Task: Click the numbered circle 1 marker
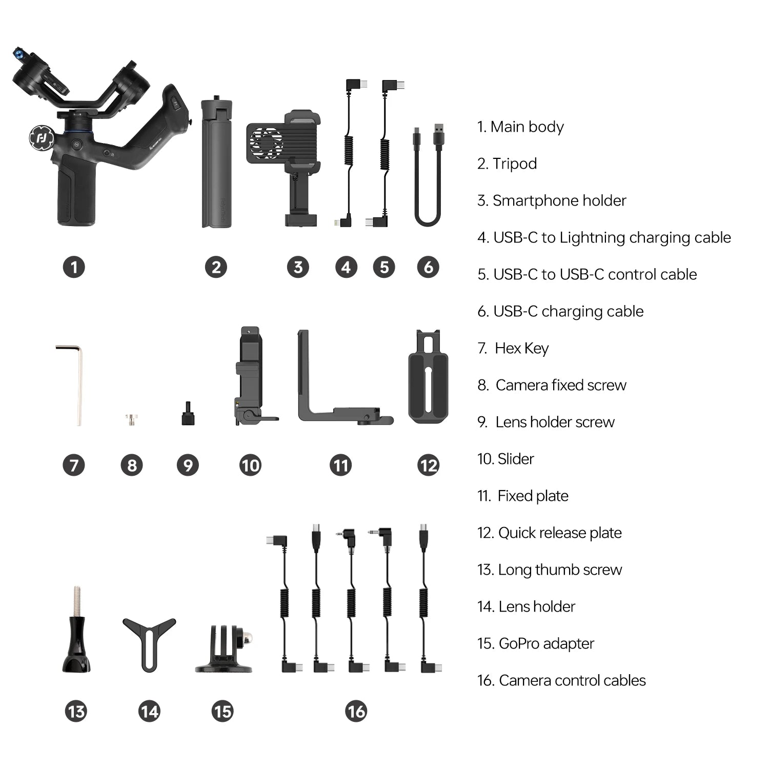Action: coord(74,267)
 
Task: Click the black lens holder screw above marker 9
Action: coord(188,414)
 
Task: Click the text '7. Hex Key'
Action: coord(513,349)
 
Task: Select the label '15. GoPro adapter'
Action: coord(536,643)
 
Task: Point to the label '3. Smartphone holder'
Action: coord(552,200)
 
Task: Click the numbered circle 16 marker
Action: coord(356,712)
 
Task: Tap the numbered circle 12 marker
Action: coord(429,466)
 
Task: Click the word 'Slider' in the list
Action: coord(516,459)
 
